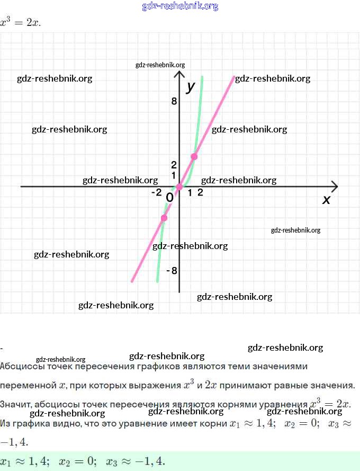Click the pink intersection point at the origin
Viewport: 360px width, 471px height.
(179, 186)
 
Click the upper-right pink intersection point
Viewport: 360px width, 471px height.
(194, 156)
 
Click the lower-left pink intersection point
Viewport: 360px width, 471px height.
(164, 218)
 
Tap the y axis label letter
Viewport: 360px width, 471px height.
(191, 86)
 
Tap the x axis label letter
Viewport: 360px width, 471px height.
(326, 200)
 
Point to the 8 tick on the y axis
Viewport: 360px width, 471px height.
(174, 101)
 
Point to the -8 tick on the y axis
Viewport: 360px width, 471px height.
(172, 271)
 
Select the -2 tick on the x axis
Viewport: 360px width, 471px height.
(156, 193)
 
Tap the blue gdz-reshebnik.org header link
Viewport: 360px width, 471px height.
(180, 6)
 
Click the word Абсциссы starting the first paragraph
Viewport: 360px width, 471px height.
(20, 366)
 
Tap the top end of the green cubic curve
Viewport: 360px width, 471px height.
(202, 77)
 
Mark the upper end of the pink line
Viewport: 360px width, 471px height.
(233, 77)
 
